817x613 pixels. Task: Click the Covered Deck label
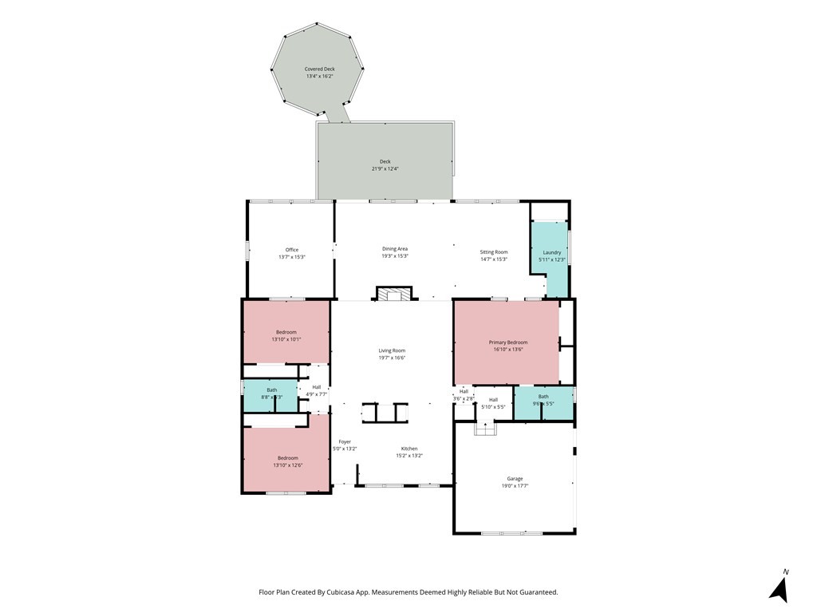319,69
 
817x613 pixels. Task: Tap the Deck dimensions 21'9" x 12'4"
385,169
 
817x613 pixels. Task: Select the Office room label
292,250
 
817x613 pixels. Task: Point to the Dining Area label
395,249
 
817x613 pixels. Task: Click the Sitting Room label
493,251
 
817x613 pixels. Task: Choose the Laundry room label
552,252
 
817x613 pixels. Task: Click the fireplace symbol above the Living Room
393,295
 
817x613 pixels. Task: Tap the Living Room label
392,350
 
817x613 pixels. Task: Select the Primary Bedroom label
508,342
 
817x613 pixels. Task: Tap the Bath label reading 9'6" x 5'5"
543,397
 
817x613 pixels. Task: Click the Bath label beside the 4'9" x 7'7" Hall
272,390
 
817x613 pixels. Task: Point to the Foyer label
345,441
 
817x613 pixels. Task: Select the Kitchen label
408,449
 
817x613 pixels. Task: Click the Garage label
515,478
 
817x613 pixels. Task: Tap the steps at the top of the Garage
484,429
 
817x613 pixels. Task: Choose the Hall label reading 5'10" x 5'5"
493,400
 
